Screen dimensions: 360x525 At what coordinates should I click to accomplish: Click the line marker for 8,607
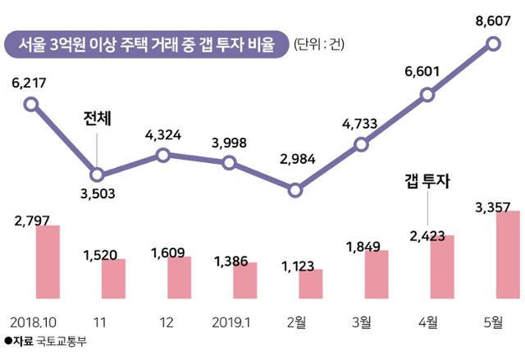[x=493, y=43]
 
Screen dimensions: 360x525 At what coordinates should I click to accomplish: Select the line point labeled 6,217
[x=31, y=104]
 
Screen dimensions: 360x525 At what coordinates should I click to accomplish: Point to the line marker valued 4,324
[x=162, y=155]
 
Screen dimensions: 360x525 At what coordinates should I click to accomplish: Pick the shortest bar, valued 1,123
[x=310, y=283]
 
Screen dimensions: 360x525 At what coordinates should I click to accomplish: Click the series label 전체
[x=98, y=119]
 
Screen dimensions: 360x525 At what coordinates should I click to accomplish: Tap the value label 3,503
[x=98, y=194]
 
